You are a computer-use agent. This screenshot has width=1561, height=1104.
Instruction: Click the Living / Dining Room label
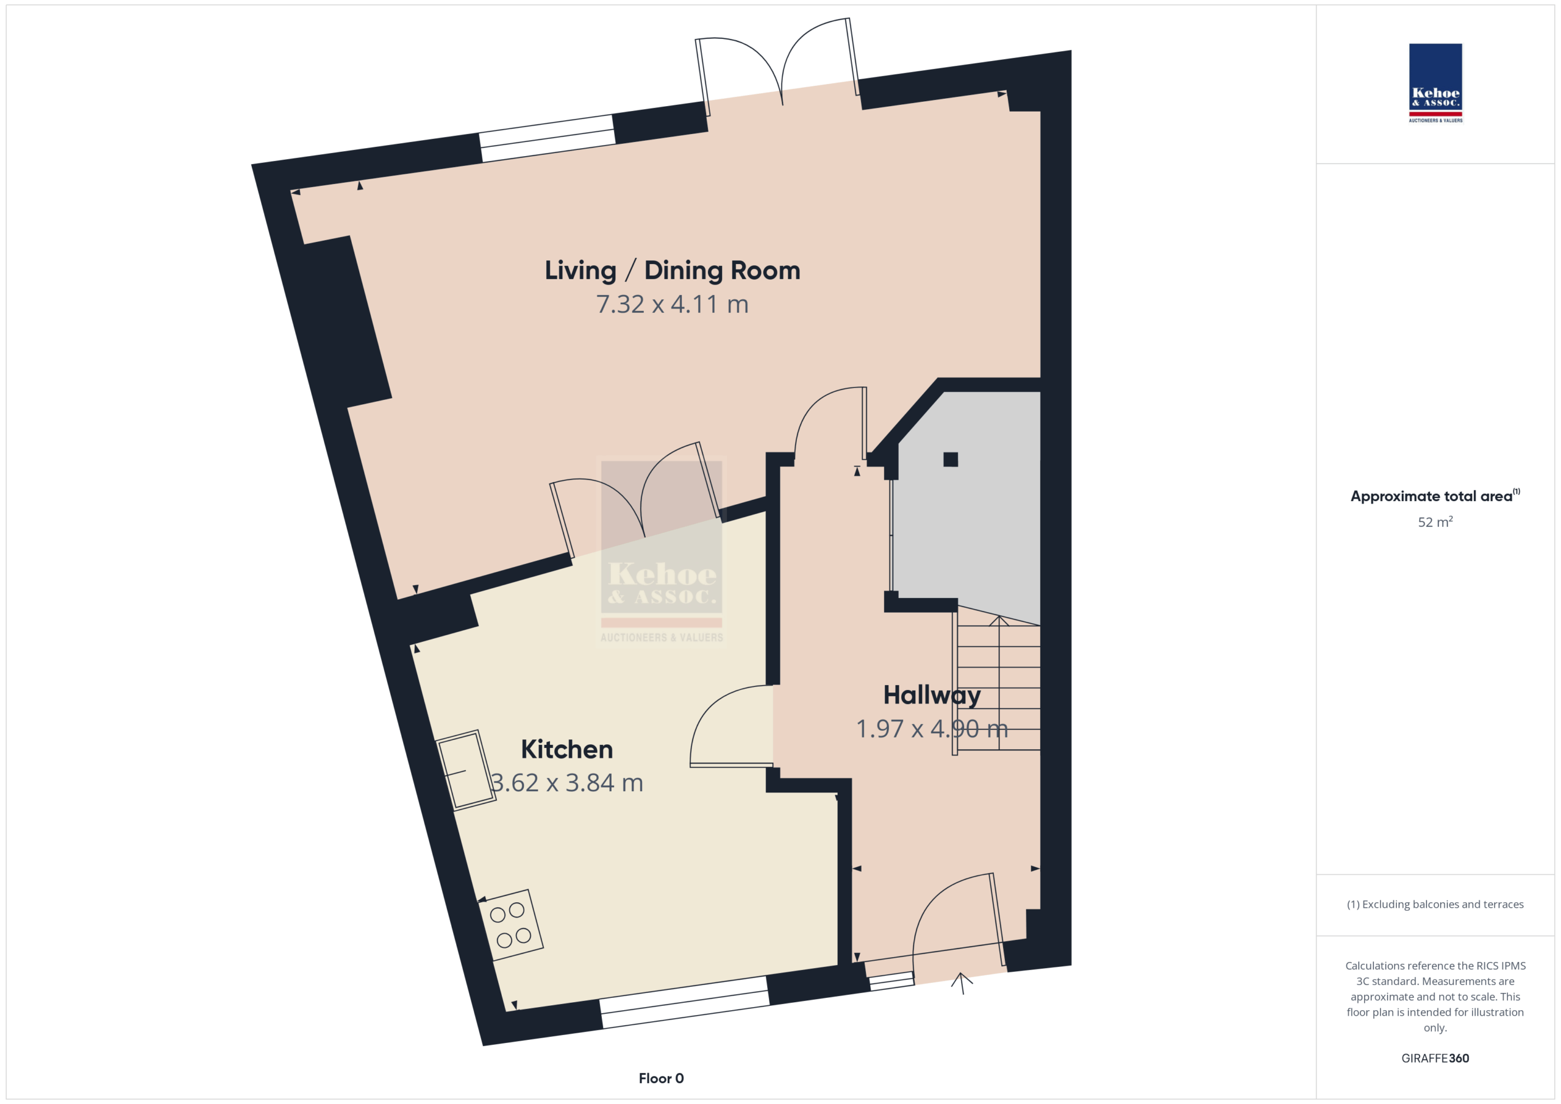(672, 271)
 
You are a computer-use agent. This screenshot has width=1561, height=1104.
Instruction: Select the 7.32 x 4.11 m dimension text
(672, 304)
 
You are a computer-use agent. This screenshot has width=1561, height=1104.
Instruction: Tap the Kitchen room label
(566, 749)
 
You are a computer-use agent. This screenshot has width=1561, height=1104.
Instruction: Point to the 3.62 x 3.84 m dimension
(566, 783)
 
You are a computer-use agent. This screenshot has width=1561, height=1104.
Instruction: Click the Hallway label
(932, 696)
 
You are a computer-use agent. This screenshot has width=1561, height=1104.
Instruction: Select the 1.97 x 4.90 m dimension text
(932, 728)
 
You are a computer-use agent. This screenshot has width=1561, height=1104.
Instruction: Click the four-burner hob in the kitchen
(510, 925)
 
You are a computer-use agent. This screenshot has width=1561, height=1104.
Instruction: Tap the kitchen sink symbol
(466, 770)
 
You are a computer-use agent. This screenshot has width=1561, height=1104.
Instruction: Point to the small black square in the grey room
(951, 460)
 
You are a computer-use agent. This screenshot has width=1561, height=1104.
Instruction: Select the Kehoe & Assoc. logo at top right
(1435, 83)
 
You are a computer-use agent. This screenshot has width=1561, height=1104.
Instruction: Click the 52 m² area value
(1435, 521)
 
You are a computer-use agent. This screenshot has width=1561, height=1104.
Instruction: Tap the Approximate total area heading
(1435, 496)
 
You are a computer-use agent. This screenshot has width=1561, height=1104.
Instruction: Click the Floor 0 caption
(661, 1078)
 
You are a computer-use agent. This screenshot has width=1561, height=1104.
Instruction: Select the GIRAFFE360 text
(1435, 1058)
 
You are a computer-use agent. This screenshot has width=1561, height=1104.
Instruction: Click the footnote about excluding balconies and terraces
(1435, 904)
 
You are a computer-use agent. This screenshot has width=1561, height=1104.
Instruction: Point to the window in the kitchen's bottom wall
(685, 1002)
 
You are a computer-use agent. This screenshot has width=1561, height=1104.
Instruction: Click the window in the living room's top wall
(548, 138)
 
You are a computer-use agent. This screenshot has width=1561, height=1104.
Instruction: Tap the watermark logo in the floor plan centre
(662, 549)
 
